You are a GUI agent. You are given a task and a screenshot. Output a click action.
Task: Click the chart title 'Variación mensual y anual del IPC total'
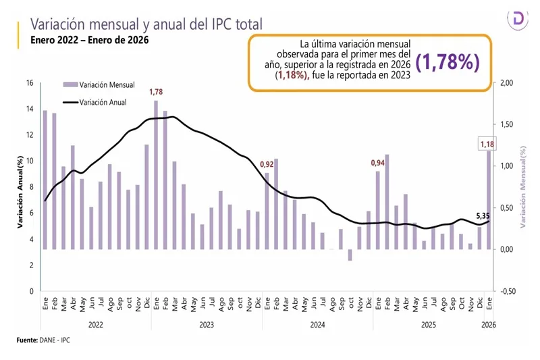(x=146, y=24)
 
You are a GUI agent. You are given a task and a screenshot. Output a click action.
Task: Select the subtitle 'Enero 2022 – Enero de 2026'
(x=89, y=40)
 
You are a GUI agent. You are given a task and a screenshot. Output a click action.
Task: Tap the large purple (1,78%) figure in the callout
(x=448, y=61)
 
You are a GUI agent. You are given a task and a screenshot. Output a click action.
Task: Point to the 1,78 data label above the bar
(x=156, y=92)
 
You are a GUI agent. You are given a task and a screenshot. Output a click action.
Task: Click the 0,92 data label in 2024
(x=267, y=164)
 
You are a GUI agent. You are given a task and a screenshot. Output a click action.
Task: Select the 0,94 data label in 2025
(x=379, y=163)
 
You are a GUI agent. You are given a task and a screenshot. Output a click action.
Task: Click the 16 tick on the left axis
(x=28, y=83)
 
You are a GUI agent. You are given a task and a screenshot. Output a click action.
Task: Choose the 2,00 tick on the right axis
(x=506, y=83)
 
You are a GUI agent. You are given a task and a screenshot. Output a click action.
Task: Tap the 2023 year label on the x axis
(x=207, y=324)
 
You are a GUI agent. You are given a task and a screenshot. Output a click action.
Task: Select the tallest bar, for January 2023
(x=156, y=175)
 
